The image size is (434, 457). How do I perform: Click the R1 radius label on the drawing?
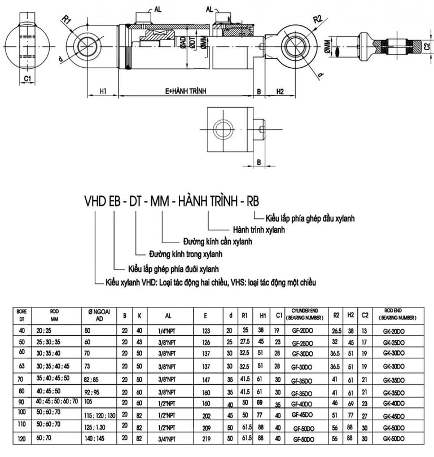67,20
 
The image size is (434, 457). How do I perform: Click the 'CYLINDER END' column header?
306,312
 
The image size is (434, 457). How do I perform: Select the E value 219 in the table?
205,438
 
